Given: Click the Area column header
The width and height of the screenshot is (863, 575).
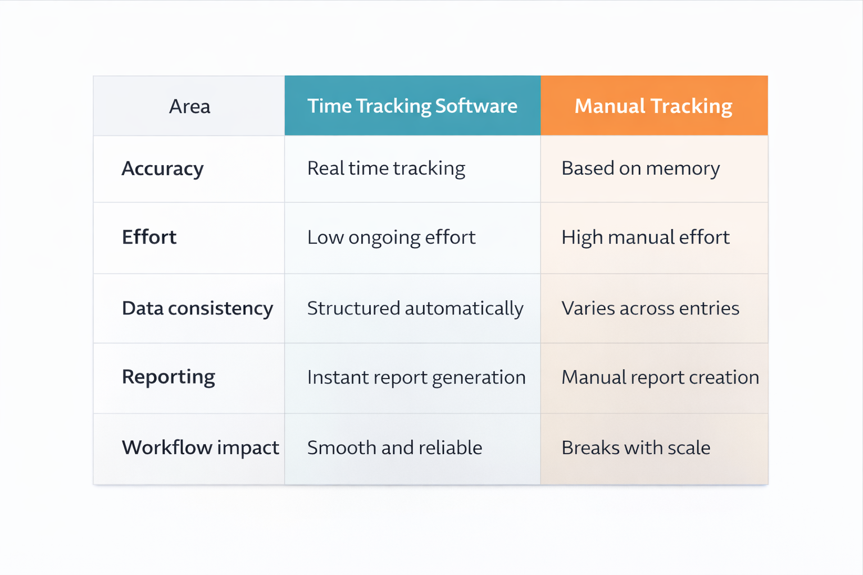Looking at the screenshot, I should (189, 106).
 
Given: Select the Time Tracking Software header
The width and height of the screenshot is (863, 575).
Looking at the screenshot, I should (412, 106).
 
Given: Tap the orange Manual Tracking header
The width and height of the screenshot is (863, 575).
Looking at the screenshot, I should (653, 106).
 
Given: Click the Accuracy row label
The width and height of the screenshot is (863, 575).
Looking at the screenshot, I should (162, 168).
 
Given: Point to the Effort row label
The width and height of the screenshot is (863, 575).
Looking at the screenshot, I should (149, 237).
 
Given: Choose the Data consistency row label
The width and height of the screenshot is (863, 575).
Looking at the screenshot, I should (197, 308).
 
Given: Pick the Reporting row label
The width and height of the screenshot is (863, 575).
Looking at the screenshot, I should (168, 377).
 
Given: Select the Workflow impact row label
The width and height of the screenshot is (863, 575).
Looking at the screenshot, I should (200, 448).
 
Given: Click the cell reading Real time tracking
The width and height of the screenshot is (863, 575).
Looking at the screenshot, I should (386, 168).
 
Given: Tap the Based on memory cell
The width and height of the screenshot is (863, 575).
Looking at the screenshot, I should (641, 168).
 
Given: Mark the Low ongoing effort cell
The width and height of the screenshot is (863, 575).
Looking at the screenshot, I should (391, 238).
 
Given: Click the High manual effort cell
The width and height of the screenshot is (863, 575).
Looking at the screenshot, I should (646, 238).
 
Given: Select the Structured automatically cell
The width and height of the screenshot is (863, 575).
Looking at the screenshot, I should (415, 308).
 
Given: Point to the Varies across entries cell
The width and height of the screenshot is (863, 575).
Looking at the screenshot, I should (650, 308).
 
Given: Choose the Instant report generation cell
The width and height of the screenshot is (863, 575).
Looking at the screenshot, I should (416, 377).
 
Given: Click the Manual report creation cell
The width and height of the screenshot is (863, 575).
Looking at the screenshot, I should (660, 377).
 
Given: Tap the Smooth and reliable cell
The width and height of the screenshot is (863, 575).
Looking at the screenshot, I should (394, 448).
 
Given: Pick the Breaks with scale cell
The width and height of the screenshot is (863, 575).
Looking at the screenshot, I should (635, 448).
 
